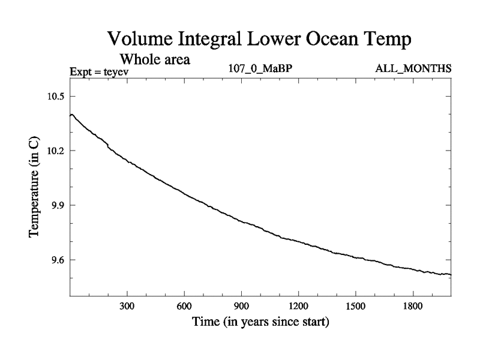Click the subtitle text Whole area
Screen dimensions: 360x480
(155, 59)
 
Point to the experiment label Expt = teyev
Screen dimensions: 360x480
(100, 72)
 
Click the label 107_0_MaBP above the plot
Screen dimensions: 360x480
(260, 68)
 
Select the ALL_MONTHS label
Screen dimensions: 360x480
(413, 68)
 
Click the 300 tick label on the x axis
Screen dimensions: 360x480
(127, 307)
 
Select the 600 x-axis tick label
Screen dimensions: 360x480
(184, 307)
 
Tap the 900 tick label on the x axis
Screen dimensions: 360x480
(241, 307)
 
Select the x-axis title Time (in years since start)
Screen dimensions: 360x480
(260, 322)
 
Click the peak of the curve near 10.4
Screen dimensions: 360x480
(72, 114)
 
